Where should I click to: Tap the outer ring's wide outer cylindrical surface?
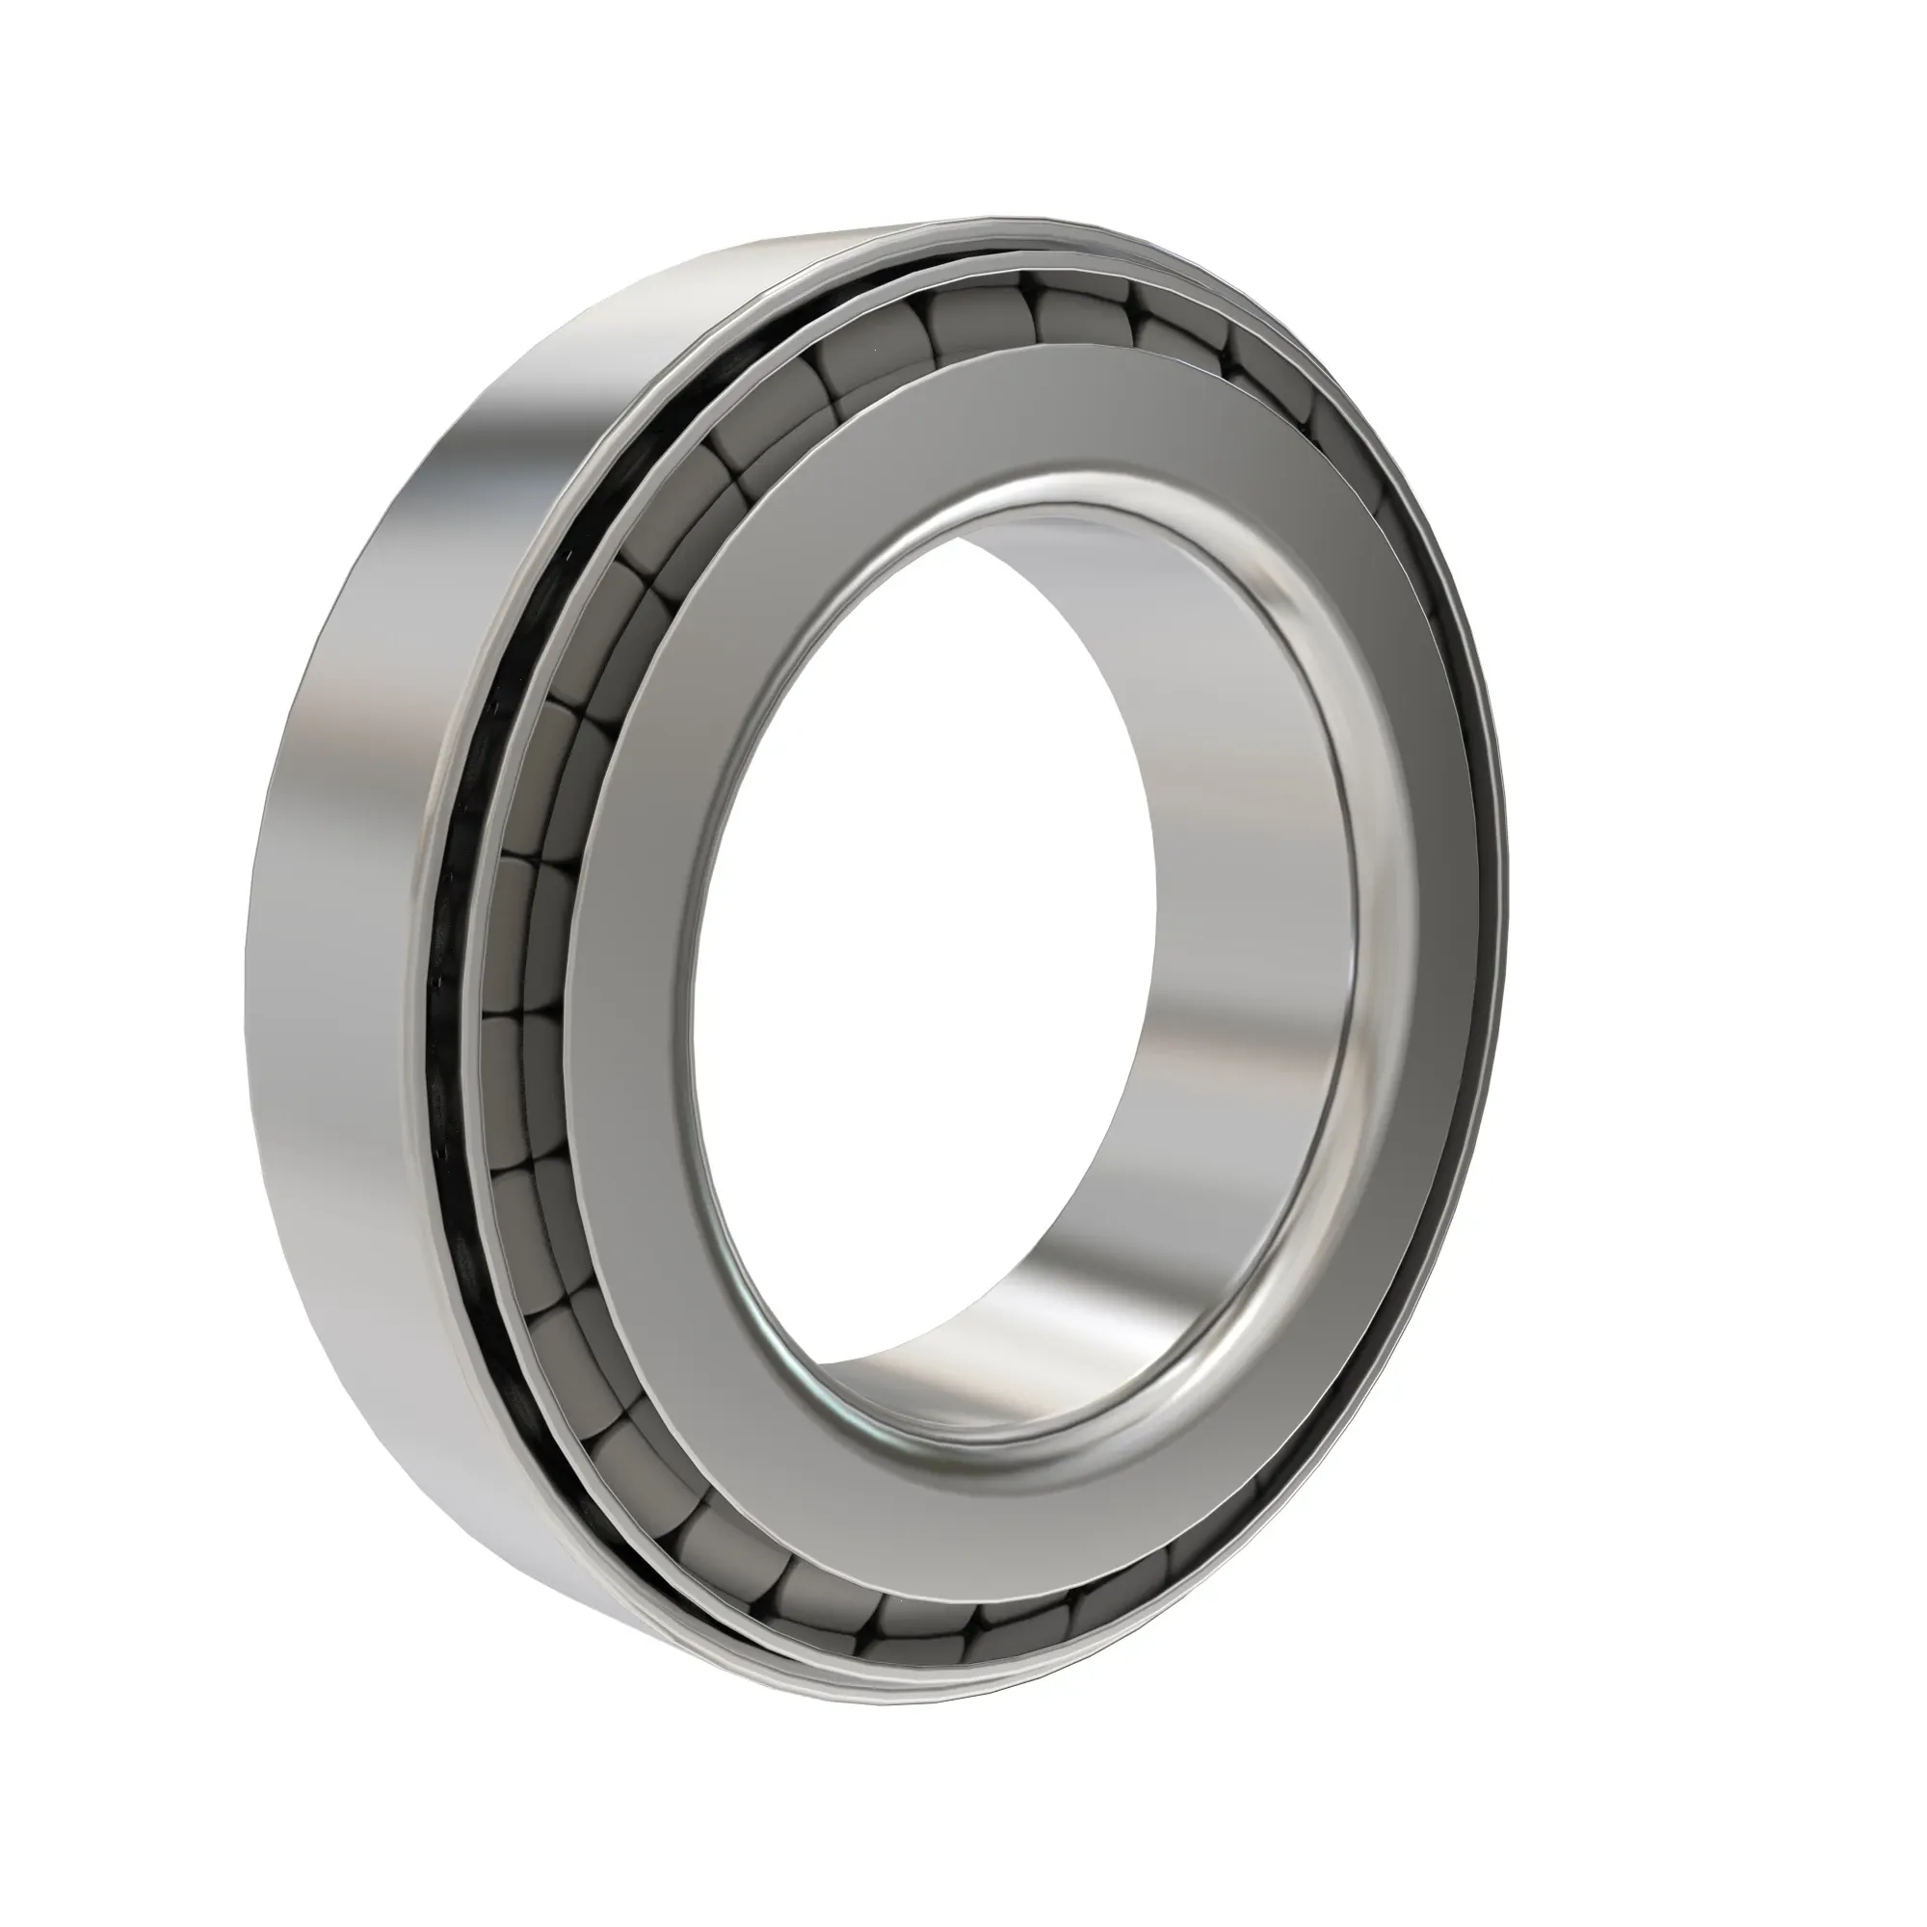pyautogui.click(x=339, y=898)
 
